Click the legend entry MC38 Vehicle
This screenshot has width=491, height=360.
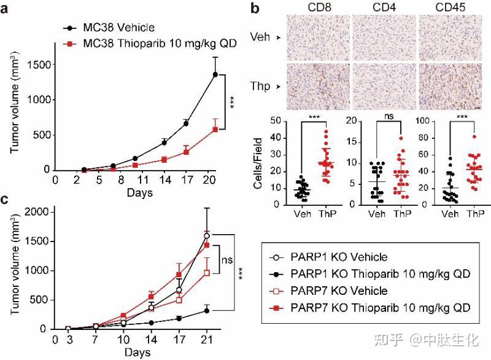coord(110,28)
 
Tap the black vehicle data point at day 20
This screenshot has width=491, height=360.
coord(215,74)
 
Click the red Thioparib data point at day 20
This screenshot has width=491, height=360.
coord(215,129)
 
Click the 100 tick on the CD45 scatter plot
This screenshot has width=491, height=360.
coord(406,122)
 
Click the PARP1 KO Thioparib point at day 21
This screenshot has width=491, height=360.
coord(206,310)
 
